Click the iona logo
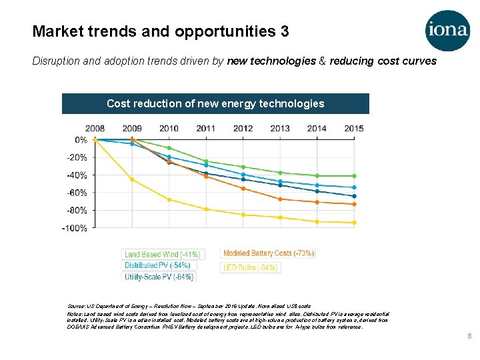(x=447, y=30)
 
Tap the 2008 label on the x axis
(x=95, y=129)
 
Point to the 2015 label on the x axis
(x=354, y=129)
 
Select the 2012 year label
(x=243, y=129)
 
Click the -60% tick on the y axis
(x=77, y=193)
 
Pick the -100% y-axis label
(x=75, y=228)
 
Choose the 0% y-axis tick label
(x=81, y=140)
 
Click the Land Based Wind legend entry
(x=162, y=254)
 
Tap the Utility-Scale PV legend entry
(x=159, y=277)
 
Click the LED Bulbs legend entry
(x=251, y=267)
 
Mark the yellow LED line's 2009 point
(x=132, y=179)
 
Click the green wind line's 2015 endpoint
(x=353, y=176)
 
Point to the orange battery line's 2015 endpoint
(x=353, y=204)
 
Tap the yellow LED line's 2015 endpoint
(x=353, y=223)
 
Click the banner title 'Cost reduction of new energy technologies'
(x=215, y=103)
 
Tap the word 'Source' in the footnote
(x=77, y=305)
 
